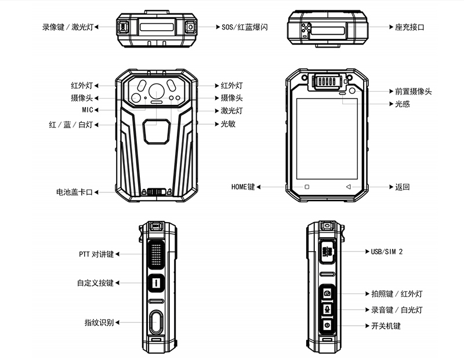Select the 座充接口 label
pyautogui.click(x=409, y=27)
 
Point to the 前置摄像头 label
pyautogui.click(x=413, y=92)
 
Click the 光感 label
pyautogui.click(x=403, y=104)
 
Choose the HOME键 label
pyautogui.click(x=243, y=187)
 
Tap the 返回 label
pyautogui.click(x=403, y=187)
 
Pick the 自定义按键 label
pyautogui.click(x=95, y=283)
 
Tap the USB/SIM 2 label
pyautogui.click(x=387, y=252)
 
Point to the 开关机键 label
pyautogui.click(x=386, y=326)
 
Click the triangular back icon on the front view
pyautogui.click(x=348, y=187)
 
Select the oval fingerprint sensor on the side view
pyautogui.click(x=155, y=322)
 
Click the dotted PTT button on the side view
pyautogui.click(x=156, y=254)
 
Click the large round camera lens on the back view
pyautogui.click(x=157, y=90)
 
